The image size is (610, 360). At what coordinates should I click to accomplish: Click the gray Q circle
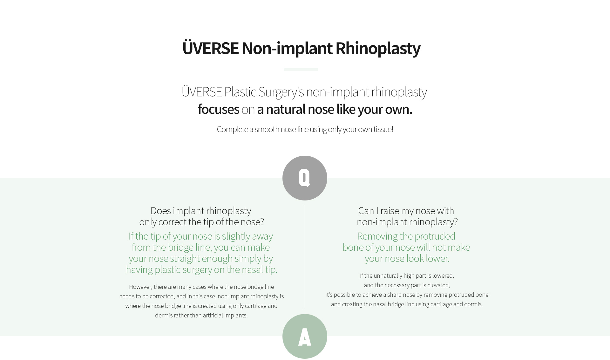pos(305,178)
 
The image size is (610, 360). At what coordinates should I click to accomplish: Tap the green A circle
pos(305,336)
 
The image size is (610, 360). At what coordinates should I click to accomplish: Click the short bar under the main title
pos(301,69)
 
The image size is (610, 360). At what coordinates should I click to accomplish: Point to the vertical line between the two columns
pos(305,256)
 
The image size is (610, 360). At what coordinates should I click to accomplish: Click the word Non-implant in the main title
pos(287,48)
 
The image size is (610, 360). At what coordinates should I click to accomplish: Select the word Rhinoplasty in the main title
pos(378,48)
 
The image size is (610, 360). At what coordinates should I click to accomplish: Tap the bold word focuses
pos(218,109)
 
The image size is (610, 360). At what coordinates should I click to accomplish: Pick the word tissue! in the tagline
pos(383,129)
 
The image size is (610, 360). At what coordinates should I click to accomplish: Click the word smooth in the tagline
pos(267,129)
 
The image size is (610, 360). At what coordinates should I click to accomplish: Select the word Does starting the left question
pos(160,211)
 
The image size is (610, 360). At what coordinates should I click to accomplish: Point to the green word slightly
pos(236,236)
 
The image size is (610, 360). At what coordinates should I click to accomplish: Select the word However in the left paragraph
pos(140,287)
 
